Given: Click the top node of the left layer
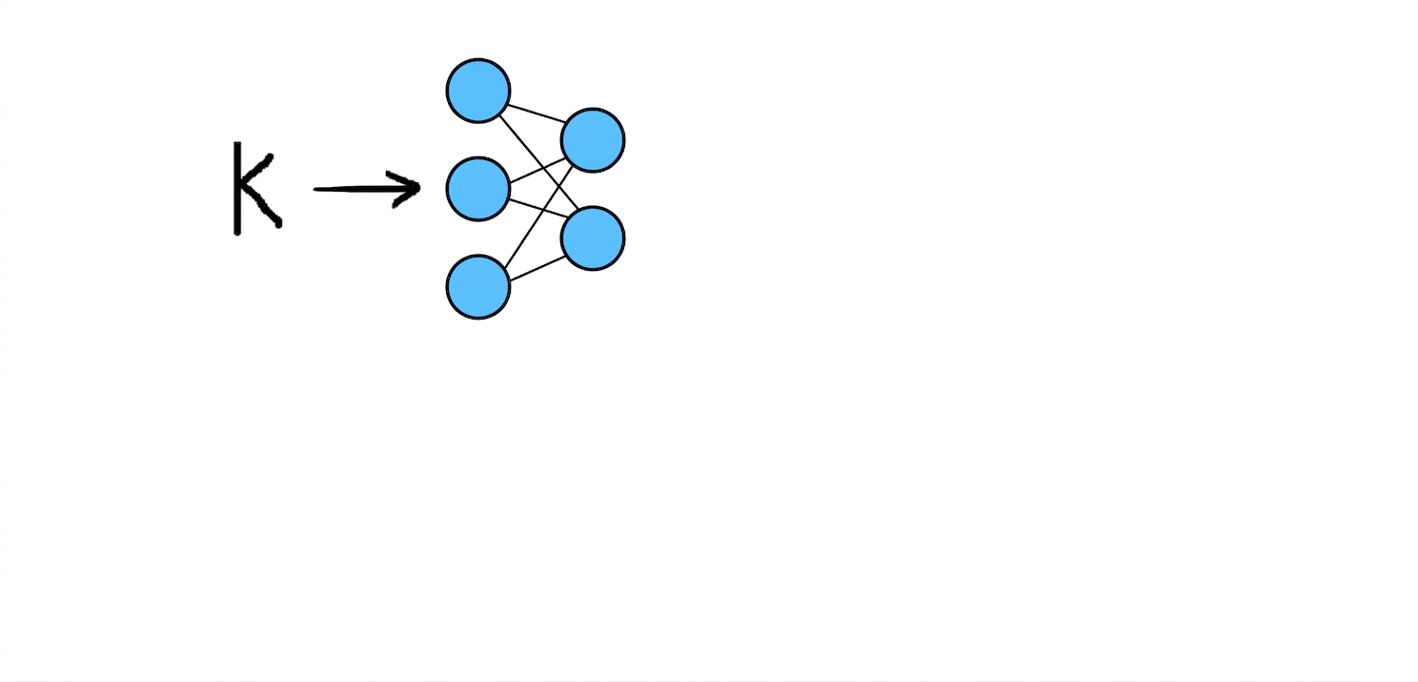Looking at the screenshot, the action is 478,91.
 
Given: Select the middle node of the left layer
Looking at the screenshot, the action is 478,189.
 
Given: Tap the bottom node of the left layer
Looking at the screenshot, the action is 478,287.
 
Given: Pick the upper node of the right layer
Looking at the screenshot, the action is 593,140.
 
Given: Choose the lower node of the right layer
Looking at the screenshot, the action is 593,238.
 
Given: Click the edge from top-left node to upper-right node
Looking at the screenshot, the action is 537,113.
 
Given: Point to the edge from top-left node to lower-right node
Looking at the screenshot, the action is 538,162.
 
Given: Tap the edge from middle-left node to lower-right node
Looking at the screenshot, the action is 537,209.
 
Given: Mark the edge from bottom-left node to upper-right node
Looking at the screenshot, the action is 538,217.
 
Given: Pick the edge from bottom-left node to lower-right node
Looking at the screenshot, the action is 537,268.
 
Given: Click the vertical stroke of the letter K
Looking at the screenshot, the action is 237,188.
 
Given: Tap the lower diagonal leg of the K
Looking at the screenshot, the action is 262,206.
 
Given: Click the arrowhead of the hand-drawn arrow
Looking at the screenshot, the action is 405,188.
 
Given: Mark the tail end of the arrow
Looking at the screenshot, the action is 314,189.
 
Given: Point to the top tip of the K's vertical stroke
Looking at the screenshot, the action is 237,143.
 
